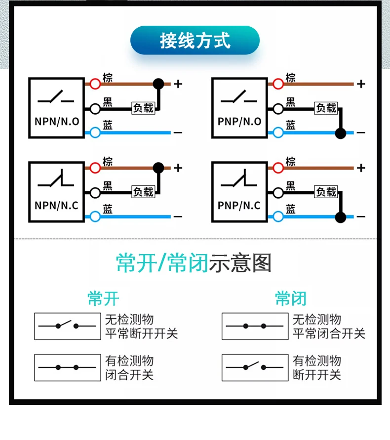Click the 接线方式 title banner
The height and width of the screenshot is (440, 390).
tap(195, 41)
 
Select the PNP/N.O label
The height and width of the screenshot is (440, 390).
tap(239, 121)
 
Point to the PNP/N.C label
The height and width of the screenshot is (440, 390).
tap(239, 205)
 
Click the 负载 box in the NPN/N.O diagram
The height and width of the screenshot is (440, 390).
tap(143, 108)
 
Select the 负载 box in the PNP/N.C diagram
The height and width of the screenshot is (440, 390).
tap(326, 192)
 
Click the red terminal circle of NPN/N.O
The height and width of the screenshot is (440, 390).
tap(95, 84)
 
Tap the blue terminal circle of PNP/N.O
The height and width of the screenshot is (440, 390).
tap(278, 132)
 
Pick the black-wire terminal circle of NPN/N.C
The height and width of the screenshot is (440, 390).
tap(95, 192)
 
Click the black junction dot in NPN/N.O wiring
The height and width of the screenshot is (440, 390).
tap(158, 84)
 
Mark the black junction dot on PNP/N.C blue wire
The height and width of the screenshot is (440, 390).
tap(340, 217)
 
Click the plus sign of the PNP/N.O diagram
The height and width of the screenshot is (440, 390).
tap(361, 84)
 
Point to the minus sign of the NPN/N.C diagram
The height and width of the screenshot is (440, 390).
tap(178, 217)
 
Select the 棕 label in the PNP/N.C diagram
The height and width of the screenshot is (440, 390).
tap(291, 162)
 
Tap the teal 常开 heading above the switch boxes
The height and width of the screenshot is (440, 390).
tap(103, 298)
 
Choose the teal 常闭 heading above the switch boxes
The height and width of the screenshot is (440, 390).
tap(291, 298)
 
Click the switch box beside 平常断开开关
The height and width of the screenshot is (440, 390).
tap(67, 326)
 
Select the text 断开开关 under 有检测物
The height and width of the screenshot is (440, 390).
tap(316, 375)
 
